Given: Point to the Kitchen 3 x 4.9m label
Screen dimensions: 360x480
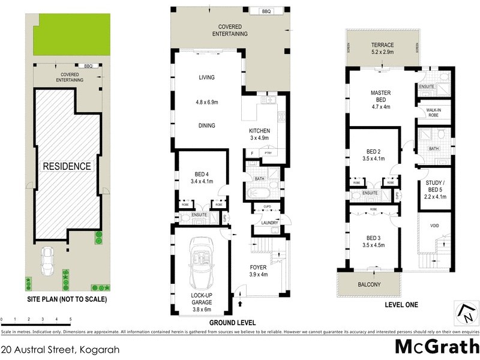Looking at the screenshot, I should point(260,134).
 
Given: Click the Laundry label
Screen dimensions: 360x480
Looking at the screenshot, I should point(268,223).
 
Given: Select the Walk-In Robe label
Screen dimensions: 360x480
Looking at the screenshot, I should point(434,113).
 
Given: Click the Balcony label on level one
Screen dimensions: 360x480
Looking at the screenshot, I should point(370,284).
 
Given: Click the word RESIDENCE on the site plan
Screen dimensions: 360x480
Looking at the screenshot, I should point(66,166).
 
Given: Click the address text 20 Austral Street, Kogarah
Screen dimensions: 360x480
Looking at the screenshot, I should point(52,349).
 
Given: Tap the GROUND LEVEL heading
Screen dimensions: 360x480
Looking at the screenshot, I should point(229,305).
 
